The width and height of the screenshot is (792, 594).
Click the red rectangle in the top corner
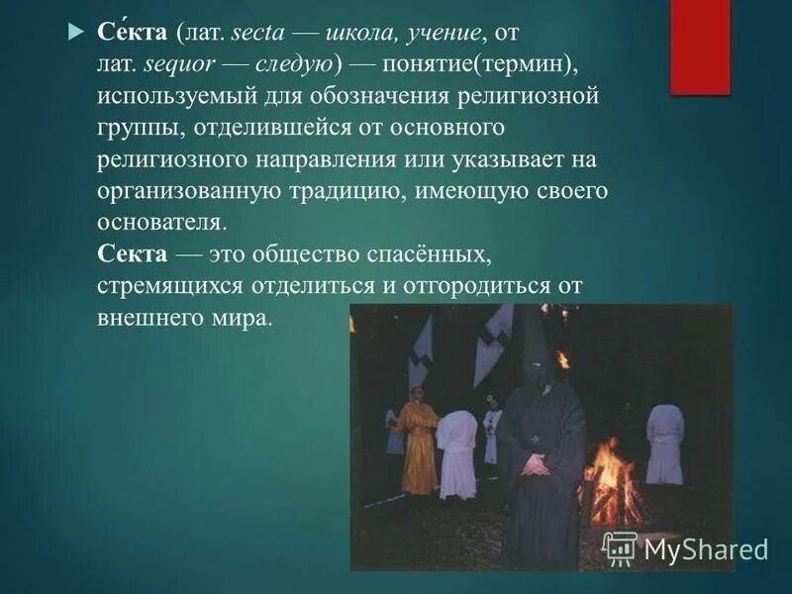click(x=700, y=47)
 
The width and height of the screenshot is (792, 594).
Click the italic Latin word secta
click(x=258, y=34)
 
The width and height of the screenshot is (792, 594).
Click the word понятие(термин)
click(x=485, y=65)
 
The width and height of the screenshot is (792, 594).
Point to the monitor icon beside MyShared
click(x=620, y=548)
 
